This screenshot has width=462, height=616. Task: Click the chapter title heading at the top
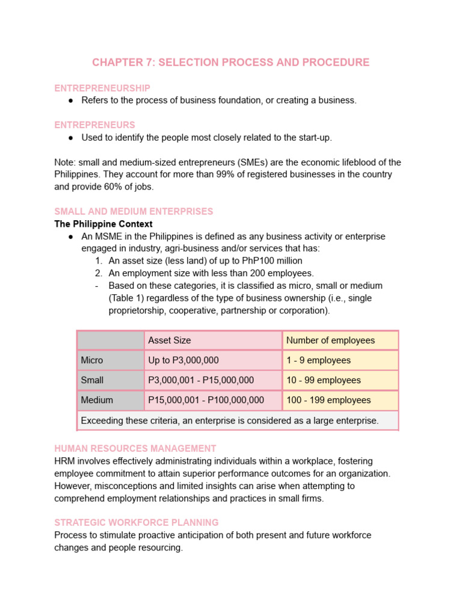coord(230,63)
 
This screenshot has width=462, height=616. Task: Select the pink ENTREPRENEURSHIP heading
coord(102,88)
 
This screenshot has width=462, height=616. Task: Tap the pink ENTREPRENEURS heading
coord(94,125)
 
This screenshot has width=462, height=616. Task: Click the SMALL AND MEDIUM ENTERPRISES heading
coord(134,212)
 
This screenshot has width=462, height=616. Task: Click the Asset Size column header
coord(170,340)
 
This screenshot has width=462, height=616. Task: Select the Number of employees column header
coord(330,340)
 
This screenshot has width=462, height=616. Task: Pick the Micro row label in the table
coord(92,360)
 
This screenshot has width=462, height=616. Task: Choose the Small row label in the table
coord(92,380)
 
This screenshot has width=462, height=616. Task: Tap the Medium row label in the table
coord(97,400)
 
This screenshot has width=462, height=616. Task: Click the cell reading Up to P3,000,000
coord(183,360)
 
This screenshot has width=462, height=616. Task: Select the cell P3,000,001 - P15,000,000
coord(201,380)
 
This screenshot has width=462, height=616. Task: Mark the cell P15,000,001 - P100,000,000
coord(206,400)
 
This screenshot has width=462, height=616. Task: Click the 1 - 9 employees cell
coord(318,360)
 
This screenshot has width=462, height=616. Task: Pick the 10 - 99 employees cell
coord(324,380)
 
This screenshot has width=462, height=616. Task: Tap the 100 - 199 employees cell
coord(328,400)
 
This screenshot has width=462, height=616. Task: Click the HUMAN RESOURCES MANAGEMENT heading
coord(135,449)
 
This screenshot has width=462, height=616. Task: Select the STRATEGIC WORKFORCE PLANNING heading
coord(137,522)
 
